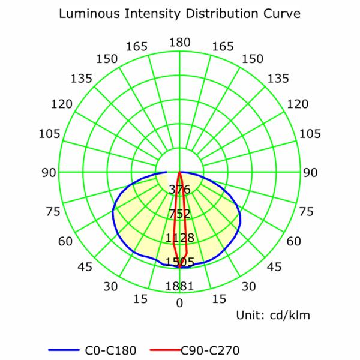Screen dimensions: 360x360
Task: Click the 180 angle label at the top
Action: click(179, 42)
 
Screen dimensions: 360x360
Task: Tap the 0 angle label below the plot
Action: click(179, 303)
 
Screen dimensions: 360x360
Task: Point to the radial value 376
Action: click(179, 190)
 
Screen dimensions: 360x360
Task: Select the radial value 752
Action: click(179, 214)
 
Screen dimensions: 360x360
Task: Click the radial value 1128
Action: click(179, 238)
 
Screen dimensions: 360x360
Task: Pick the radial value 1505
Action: click(179, 262)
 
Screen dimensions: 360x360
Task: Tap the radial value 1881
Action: click(179, 286)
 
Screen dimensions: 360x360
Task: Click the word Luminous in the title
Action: click(88, 13)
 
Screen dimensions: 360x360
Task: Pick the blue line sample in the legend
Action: click(63, 349)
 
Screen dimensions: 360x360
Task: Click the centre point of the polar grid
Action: click(180, 172)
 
